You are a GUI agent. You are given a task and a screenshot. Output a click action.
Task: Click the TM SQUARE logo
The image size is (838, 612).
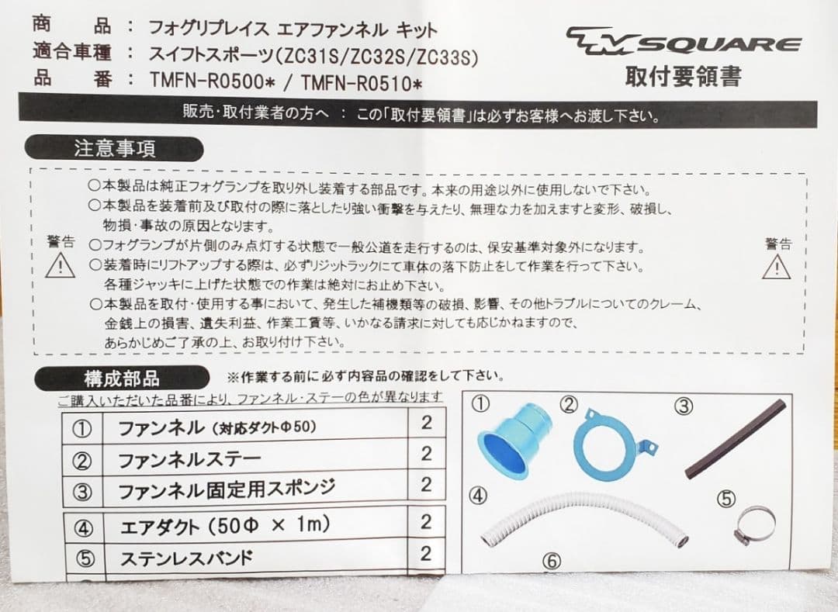click(683, 41)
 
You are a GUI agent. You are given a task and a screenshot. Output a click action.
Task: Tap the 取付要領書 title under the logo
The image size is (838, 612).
click(683, 76)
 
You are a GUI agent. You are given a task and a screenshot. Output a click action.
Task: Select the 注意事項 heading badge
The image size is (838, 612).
click(114, 148)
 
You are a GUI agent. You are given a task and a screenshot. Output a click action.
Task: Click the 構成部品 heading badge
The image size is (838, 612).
click(121, 379)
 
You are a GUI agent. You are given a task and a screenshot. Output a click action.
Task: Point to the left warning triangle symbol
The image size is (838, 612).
click(60, 266)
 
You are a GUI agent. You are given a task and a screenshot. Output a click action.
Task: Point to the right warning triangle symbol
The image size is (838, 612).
click(776, 267)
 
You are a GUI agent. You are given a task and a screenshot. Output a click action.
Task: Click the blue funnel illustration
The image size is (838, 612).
click(514, 441)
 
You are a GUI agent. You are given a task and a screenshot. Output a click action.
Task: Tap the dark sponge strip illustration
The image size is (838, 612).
click(736, 439)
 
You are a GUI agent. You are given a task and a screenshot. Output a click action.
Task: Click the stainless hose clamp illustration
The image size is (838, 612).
click(754, 525)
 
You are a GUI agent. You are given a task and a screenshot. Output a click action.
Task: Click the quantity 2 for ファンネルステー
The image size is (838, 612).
click(426, 454)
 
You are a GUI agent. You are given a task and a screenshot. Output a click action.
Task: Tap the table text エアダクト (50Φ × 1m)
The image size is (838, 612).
click(225, 526)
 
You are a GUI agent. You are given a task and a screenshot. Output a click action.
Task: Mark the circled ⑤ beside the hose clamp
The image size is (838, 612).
click(725, 499)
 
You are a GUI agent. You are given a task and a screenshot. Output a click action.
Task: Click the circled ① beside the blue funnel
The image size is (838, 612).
click(481, 403)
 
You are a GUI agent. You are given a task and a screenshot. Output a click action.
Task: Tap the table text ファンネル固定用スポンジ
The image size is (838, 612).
click(227, 489)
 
